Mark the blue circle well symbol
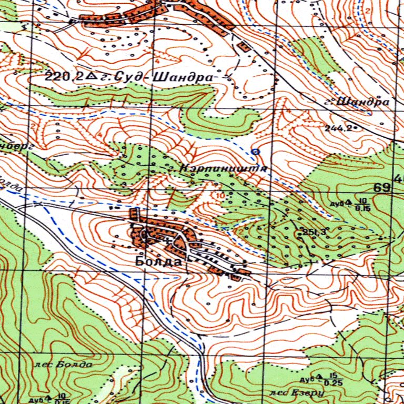pyautogui.click(x=256, y=151)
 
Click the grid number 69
pyautogui.click(x=382, y=187)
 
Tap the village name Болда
pyautogui.click(x=158, y=261)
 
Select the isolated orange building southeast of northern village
pyautogui.click(x=244, y=47)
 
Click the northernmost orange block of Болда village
pyautogui.click(x=134, y=215)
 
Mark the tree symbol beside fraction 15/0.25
pyautogui.click(x=319, y=378)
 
